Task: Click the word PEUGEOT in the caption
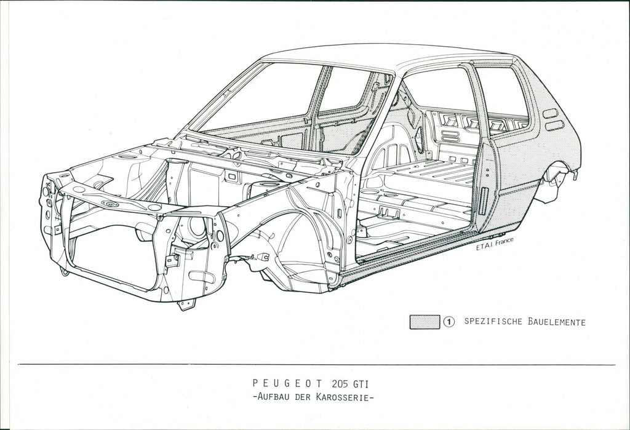287,383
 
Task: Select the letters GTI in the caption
361,383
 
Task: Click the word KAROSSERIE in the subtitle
344,397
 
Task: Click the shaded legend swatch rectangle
425,322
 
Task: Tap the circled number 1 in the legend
449,322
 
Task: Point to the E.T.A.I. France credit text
495,244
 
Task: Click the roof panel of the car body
386,56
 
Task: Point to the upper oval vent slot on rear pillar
550,113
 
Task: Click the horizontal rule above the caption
317,365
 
